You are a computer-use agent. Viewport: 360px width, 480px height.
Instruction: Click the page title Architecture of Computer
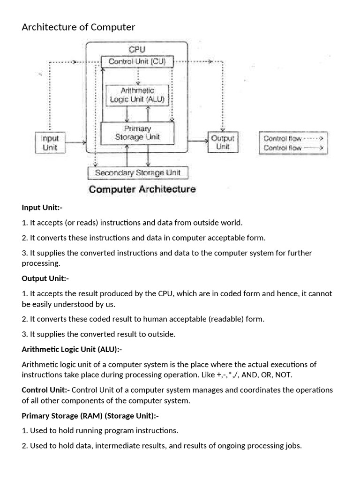pos(78,27)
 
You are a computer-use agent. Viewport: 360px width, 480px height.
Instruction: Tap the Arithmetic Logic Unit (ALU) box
pos(137,95)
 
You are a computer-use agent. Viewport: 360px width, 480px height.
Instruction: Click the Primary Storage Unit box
pos(137,133)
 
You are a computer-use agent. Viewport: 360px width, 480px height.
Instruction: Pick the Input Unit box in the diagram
pos(50,142)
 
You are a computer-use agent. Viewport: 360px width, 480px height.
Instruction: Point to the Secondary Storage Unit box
pos(138,172)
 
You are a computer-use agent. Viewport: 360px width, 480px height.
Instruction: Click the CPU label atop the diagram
pos(137,49)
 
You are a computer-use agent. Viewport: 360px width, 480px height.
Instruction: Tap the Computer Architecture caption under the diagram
pos(142,189)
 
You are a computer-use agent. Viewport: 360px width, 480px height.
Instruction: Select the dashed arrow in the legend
pos(314,139)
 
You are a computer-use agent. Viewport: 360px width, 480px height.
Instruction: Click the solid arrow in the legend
pos(314,148)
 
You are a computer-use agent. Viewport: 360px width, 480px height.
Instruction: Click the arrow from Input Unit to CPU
pos(74,142)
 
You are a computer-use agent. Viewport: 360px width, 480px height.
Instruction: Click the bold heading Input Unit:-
pos(42,207)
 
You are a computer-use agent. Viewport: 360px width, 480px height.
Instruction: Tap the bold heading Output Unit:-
pos(45,278)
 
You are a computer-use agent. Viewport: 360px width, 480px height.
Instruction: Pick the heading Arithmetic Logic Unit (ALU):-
pos(72,349)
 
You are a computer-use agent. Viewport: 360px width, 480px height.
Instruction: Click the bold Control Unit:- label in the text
pos(46,390)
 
